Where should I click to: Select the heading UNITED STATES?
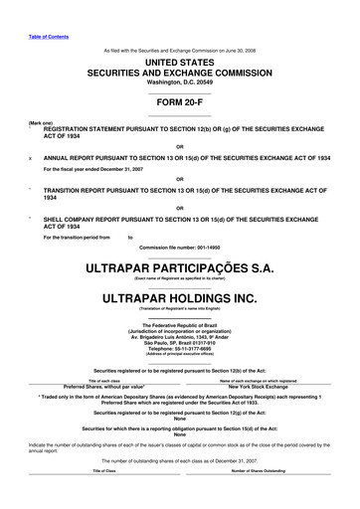pos(180,62)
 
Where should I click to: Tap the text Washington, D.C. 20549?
pos(180,84)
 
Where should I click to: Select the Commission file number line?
pos(180,218)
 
